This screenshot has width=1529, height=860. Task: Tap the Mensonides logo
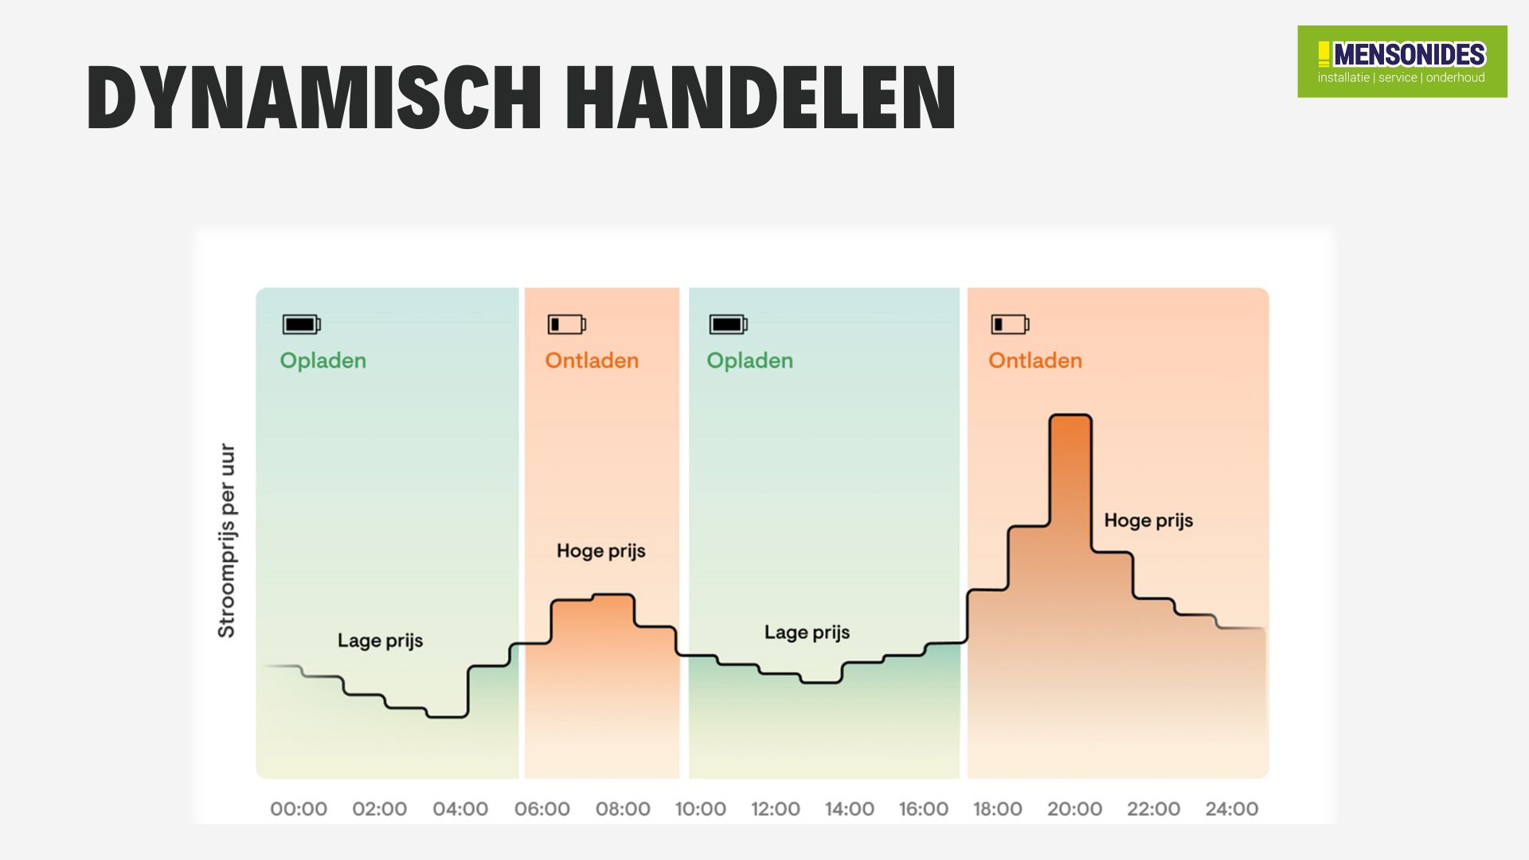(x=1402, y=61)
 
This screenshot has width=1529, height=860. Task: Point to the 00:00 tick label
(x=299, y=809)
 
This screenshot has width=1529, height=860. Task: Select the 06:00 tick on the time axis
(x=542, y=809)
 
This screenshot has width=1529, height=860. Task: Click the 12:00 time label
(x=775, y=809)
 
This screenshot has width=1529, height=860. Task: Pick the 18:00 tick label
(x=997, y=809)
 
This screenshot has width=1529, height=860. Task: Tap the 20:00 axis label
(x=1074, y=809)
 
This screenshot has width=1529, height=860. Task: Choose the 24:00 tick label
(x=1231, y=809)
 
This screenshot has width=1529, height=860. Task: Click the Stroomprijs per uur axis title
(x=227, y=541)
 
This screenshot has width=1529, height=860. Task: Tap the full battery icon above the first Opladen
(x=301, y=324)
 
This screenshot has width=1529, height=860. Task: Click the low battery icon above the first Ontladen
(x=566, y=324)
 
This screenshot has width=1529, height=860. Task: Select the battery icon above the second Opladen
(x=728, y=324)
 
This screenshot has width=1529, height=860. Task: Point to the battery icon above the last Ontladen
(x=1010, y=324)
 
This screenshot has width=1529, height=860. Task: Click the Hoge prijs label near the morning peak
(x=600, y=551)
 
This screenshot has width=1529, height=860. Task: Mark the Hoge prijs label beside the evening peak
(x=1148, y=521)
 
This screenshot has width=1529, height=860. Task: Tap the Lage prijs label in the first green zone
(x=380, y=641)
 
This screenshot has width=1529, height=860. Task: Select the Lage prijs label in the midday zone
(x=807, y=633)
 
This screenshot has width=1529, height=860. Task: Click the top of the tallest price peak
(x=1070, y=416)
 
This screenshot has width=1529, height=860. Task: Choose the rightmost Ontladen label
(x=1034, y=361)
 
